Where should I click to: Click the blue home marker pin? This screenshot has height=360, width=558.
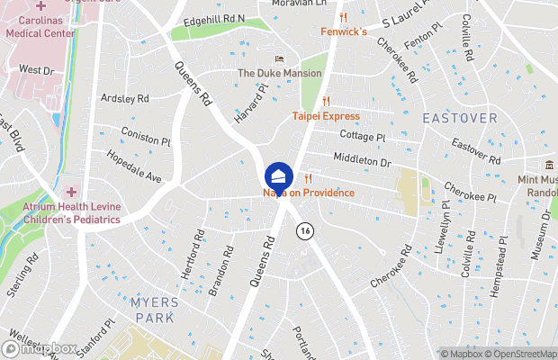[279, 175]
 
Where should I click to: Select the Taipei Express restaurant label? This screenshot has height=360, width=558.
[326, 116]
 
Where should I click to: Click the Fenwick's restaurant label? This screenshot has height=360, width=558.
[344, 32]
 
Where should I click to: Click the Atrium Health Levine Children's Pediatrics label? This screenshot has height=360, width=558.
[72, 213]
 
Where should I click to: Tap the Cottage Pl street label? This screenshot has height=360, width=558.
[362, 137]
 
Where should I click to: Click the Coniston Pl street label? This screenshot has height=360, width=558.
[146, 140]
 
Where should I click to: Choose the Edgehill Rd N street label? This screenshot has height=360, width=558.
[213, 18]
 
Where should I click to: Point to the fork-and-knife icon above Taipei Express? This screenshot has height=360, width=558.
[326, 102]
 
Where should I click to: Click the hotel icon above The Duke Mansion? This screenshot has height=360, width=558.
[279, 59]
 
